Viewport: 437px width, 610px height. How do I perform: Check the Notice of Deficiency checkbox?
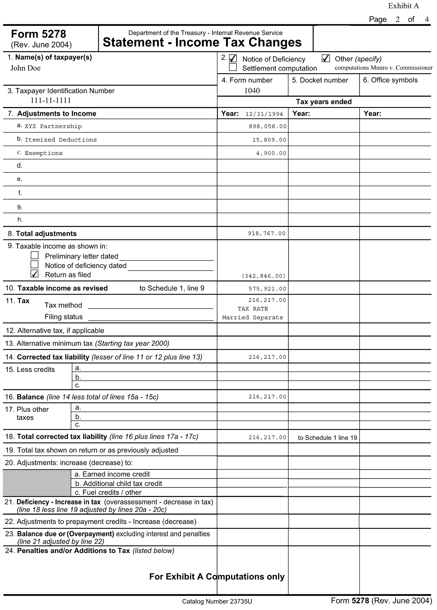pos(233,58)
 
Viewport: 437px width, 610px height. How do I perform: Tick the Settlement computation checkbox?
pos(233,67)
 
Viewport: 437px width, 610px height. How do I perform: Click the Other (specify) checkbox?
pos(325,58)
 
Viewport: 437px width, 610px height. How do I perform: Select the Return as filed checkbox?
pos(35,274)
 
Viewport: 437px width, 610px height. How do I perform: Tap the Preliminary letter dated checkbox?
pos(35,255)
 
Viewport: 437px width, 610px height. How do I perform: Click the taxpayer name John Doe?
pos(26,68)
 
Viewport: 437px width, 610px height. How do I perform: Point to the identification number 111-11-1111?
pos(51,101)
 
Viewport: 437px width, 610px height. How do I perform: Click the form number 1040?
pos(252,91)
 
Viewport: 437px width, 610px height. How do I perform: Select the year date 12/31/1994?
pos(264,114)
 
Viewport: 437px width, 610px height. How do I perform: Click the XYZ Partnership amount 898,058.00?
pos(267,126)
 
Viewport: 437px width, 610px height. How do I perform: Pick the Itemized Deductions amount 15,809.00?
pos(269,140)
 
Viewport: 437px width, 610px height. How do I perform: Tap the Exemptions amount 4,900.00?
pos(271,153)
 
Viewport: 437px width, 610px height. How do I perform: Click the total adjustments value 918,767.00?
pos(266,234)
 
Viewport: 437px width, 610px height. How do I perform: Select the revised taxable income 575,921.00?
pos(267,289)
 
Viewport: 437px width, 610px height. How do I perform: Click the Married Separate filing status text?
pos(252,318)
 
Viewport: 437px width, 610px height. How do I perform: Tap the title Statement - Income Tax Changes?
pos(202,43)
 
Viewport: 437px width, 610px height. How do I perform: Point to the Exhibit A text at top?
pos(403,6)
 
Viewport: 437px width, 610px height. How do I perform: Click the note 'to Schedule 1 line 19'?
pos(327,438)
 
